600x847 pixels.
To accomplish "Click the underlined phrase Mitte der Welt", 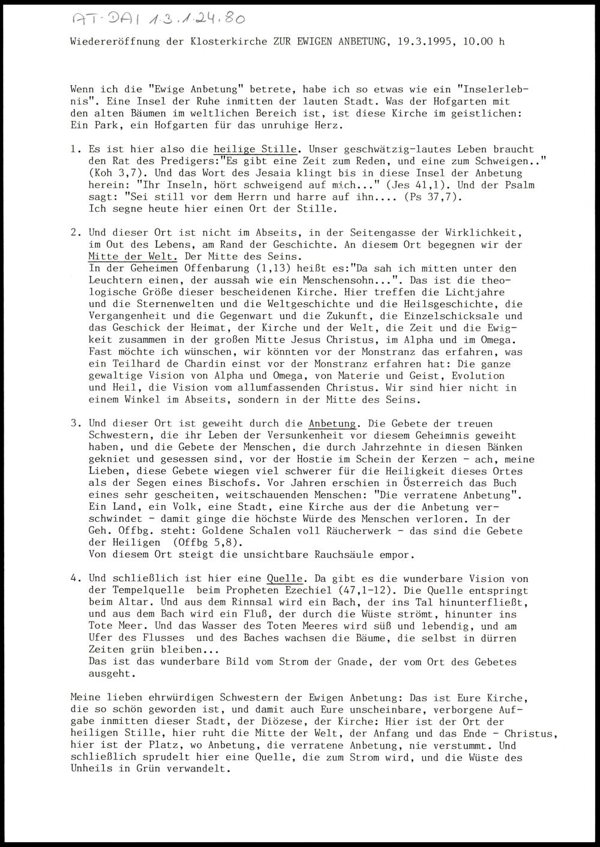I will tap(132, 256).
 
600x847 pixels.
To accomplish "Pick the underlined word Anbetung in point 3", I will tap(332, 423).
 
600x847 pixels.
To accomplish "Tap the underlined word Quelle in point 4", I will tap(285, 578).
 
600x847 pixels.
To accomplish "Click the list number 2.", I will tap(76, 232).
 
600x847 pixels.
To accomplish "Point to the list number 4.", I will tap(76, 578).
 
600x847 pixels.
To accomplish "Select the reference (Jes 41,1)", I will tap(418, 185).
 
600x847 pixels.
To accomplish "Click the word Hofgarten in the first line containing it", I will tap(463, 101).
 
